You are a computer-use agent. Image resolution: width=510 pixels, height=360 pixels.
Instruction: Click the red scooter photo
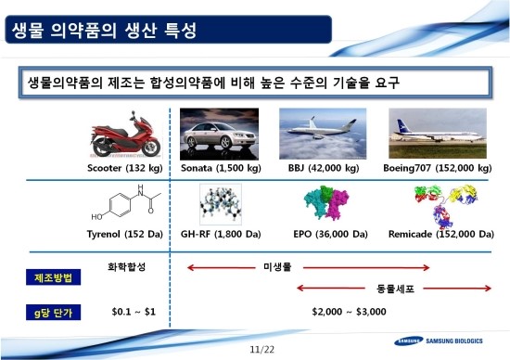[126, 135]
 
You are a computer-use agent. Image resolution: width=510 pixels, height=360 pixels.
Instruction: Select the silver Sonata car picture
[219, 135]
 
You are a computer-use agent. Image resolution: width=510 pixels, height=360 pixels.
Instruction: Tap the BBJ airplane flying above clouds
[323, 134]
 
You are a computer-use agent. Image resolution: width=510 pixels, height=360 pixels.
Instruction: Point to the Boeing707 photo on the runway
[438, 134]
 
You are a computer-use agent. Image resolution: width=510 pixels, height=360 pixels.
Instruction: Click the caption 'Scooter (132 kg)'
[125, 168]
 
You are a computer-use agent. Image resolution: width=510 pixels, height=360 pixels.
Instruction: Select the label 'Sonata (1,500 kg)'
[221, 168]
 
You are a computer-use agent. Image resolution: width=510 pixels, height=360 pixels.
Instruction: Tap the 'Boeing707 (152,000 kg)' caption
[438, 168]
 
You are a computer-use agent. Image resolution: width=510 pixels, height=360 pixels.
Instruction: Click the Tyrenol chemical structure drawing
[126, 203]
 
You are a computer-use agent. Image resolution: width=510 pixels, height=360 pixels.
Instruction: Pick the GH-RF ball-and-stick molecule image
[221, 204]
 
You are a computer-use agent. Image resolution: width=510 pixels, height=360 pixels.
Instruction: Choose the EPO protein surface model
[326, 203]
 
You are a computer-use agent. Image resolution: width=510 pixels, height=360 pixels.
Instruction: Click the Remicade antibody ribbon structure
[445, 206]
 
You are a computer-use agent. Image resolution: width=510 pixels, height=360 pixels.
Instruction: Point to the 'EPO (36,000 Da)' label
[330, 234]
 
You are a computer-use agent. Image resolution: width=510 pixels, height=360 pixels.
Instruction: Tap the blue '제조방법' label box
[54, 277]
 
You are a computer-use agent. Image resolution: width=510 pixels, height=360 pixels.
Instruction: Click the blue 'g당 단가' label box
[54, 313]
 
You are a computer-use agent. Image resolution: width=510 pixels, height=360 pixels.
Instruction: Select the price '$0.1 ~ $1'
[134, 312]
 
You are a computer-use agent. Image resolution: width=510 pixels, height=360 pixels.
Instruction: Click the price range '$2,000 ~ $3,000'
[349, 312]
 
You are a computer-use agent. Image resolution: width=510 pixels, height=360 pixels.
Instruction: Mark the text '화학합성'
[126, 267]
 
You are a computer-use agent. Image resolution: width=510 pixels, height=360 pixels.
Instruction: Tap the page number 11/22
[262, 350]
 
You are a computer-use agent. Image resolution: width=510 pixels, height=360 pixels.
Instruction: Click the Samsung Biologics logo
[439, 341]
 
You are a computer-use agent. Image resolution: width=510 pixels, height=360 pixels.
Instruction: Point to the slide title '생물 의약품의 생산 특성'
[104, 31]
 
